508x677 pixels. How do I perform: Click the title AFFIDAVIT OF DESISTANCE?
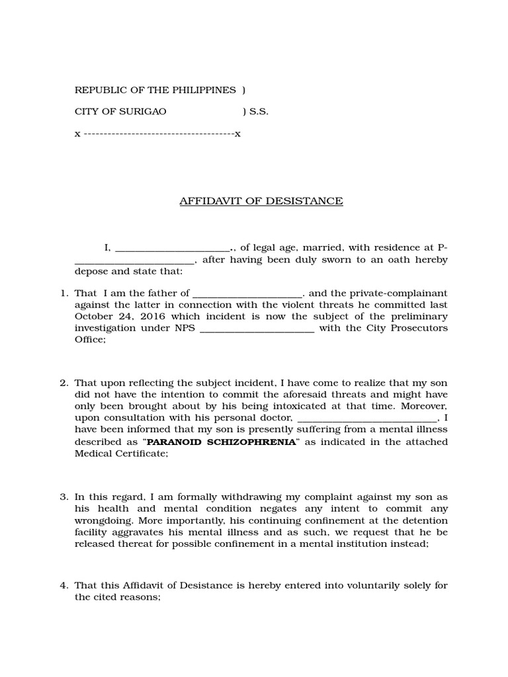[261, 201]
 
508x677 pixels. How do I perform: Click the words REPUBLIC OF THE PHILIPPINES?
[155, 90]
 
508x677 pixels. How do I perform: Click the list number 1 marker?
[64, 293]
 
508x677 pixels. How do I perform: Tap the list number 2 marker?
[64, 383]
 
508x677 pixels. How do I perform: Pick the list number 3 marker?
[64, 497]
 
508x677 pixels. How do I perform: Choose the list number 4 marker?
[64, 586]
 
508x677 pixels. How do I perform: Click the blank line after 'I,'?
[172, 250]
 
